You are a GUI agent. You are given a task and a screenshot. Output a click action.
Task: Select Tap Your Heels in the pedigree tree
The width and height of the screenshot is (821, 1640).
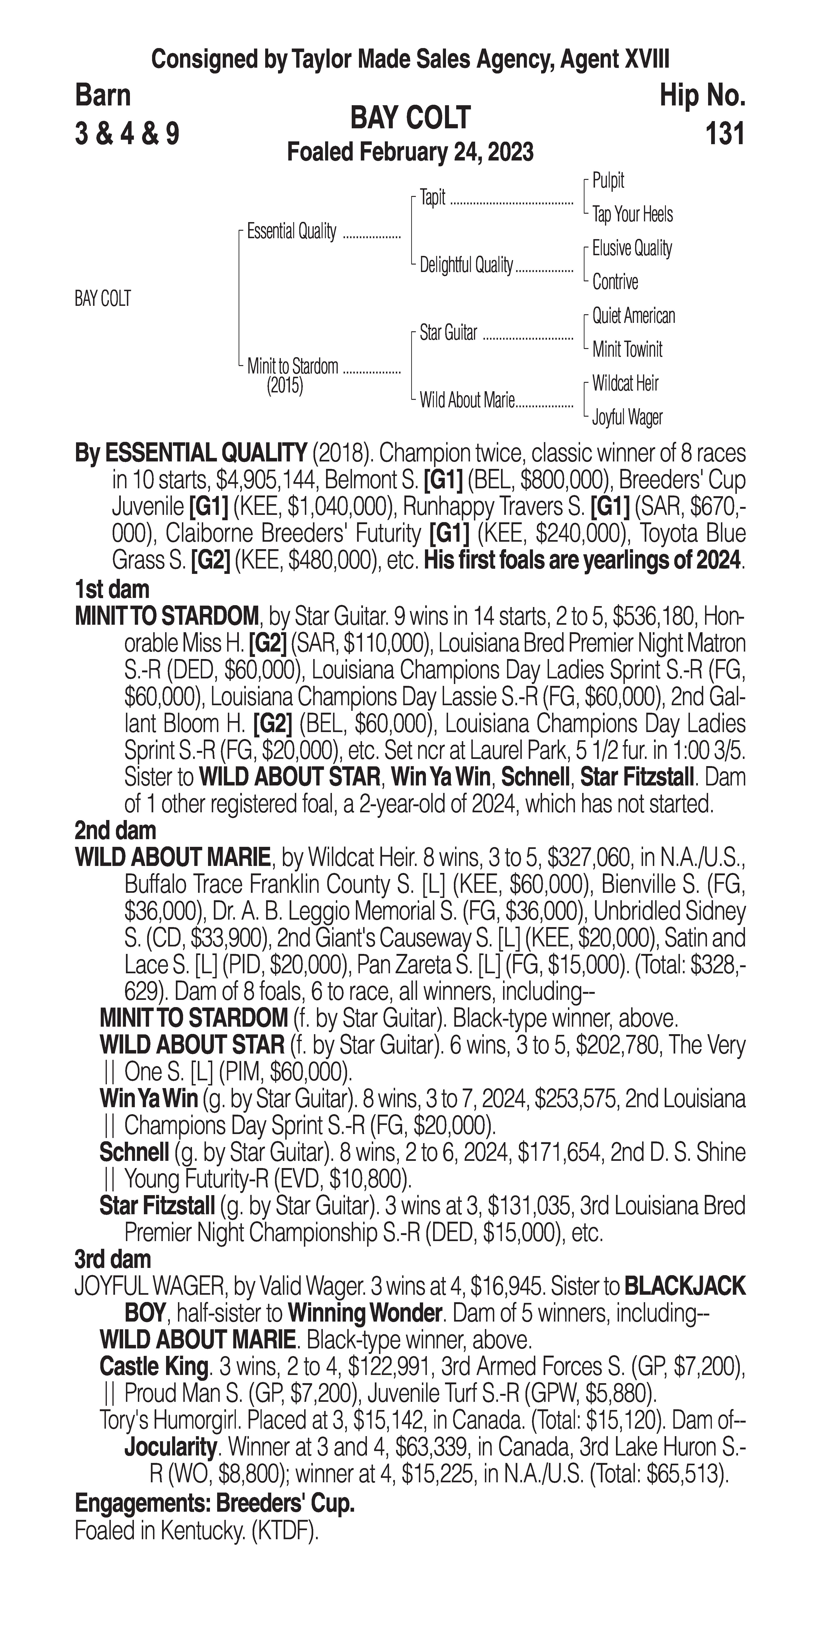[x=632, y=215]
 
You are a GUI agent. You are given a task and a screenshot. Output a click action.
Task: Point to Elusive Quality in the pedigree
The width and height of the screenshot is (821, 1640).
[x=631, y=248]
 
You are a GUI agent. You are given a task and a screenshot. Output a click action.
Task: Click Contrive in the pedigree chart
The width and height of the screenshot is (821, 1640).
[x=615, y=282]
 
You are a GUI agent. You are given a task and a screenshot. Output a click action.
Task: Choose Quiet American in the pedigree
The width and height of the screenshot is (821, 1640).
[x=633, y=316]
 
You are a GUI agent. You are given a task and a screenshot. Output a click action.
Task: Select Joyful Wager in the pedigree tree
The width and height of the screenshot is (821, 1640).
[x=627, y=418]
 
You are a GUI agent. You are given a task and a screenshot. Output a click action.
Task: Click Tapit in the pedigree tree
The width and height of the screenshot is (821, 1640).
[x=433, y=198]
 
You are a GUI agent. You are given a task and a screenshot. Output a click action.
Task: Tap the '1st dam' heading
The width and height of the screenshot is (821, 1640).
[x=112, y=590]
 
